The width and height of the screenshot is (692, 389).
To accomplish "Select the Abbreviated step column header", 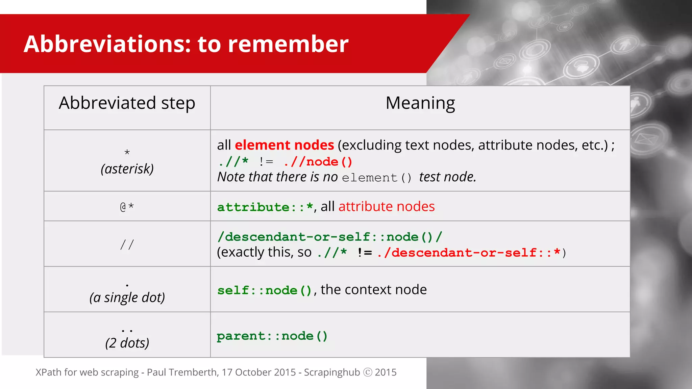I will (127, 103).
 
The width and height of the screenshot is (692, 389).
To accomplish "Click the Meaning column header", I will (420, 103).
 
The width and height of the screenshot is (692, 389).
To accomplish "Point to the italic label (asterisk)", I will (127, 168).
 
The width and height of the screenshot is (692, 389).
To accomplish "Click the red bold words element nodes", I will (284, 145).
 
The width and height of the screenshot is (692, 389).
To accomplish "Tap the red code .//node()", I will (318, 162).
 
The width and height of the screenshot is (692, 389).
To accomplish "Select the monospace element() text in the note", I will (377, 178).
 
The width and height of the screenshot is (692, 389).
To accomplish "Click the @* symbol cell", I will (127, 206).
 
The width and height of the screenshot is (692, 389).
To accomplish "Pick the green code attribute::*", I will (265, 207).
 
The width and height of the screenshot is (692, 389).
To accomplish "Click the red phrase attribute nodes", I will (387, 206).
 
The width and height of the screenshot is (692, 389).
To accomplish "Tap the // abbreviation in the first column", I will (127, 244).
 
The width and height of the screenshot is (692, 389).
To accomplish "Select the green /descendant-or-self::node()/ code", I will (329, 237).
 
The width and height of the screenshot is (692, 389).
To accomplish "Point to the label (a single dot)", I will (127, 297).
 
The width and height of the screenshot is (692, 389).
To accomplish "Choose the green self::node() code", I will (265, 290).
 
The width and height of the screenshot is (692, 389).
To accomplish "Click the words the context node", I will (374, 290).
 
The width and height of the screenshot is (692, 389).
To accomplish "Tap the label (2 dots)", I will (127, 343).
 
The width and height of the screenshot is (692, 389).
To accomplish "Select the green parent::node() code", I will (272, 336).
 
